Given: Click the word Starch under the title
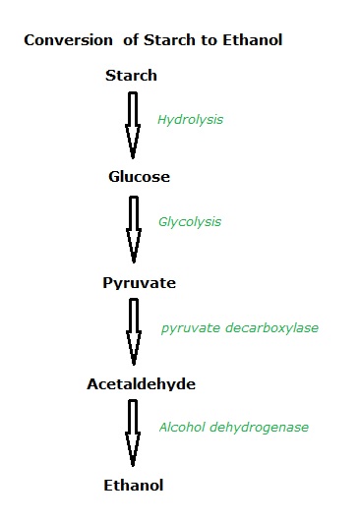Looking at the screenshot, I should click(x=131, y=75).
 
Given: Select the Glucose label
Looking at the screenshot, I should click(x=139, y=177).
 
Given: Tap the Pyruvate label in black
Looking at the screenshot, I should click(x=139, y=283).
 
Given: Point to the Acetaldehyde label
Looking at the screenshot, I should click(x=139, y=384).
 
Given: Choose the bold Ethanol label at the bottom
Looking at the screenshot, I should click(x=133, y=485).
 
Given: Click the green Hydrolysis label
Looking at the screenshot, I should click(x=191, y=120).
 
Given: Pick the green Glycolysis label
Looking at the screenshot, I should click(x=191, y=223).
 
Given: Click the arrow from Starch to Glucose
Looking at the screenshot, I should click(x=133, y=122).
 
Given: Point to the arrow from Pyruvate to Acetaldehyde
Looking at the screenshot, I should click(x=133, y=330).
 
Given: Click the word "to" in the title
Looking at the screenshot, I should click(x=198, y=42).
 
